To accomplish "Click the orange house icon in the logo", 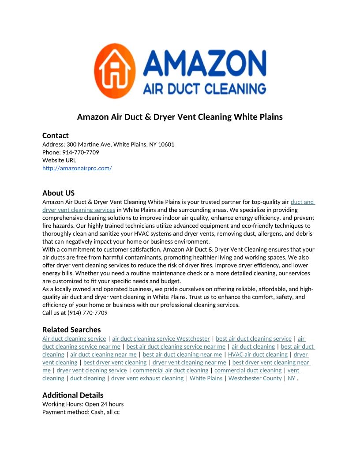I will (114, 71).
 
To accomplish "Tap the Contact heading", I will (56, 135).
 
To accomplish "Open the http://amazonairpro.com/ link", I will (77, 168).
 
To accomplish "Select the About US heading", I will (59, 193).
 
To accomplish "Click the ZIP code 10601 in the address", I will (166, 144).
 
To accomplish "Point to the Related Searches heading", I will (71, 330).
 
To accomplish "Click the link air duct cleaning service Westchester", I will (161, 338).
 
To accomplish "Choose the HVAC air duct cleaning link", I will (258, 354).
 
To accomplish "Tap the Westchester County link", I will (255, 378).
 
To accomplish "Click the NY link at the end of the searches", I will (291, 378).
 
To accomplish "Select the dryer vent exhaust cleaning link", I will (147, 378).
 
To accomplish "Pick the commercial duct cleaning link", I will (248, 370).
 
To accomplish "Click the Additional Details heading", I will (73, 395).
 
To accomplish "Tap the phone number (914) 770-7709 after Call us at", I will (87, 313).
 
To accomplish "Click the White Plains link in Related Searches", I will (206, 378).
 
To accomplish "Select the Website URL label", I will (59, 160).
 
